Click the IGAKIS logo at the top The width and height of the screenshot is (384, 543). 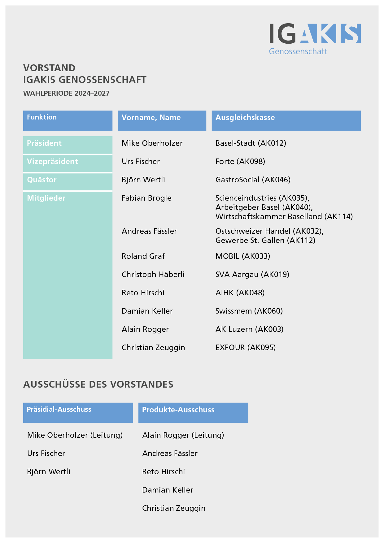click(x=315, y=33)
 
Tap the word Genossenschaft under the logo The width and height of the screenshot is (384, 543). click(x=298, y=51)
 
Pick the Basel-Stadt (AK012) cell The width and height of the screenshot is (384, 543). click(x=251, y=143)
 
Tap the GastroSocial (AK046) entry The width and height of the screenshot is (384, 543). click(x=253, y=180)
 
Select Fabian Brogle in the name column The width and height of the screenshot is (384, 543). click(x=146, y=198)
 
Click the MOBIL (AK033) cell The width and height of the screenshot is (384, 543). click(x=243, y=256)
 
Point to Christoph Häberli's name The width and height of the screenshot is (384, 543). click(x=153, y=274)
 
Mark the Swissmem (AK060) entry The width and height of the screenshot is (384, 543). click(x=249, y=311)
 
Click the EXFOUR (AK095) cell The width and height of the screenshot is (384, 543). click(x=246, y=347)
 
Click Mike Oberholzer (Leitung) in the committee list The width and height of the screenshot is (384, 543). click(x=75, y=435)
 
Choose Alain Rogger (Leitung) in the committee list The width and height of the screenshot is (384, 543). click(x=183, y=435)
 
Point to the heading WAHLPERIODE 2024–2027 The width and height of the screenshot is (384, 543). click(x=66, y=93)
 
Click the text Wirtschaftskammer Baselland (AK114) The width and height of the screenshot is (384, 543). click(x=284, y=216)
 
